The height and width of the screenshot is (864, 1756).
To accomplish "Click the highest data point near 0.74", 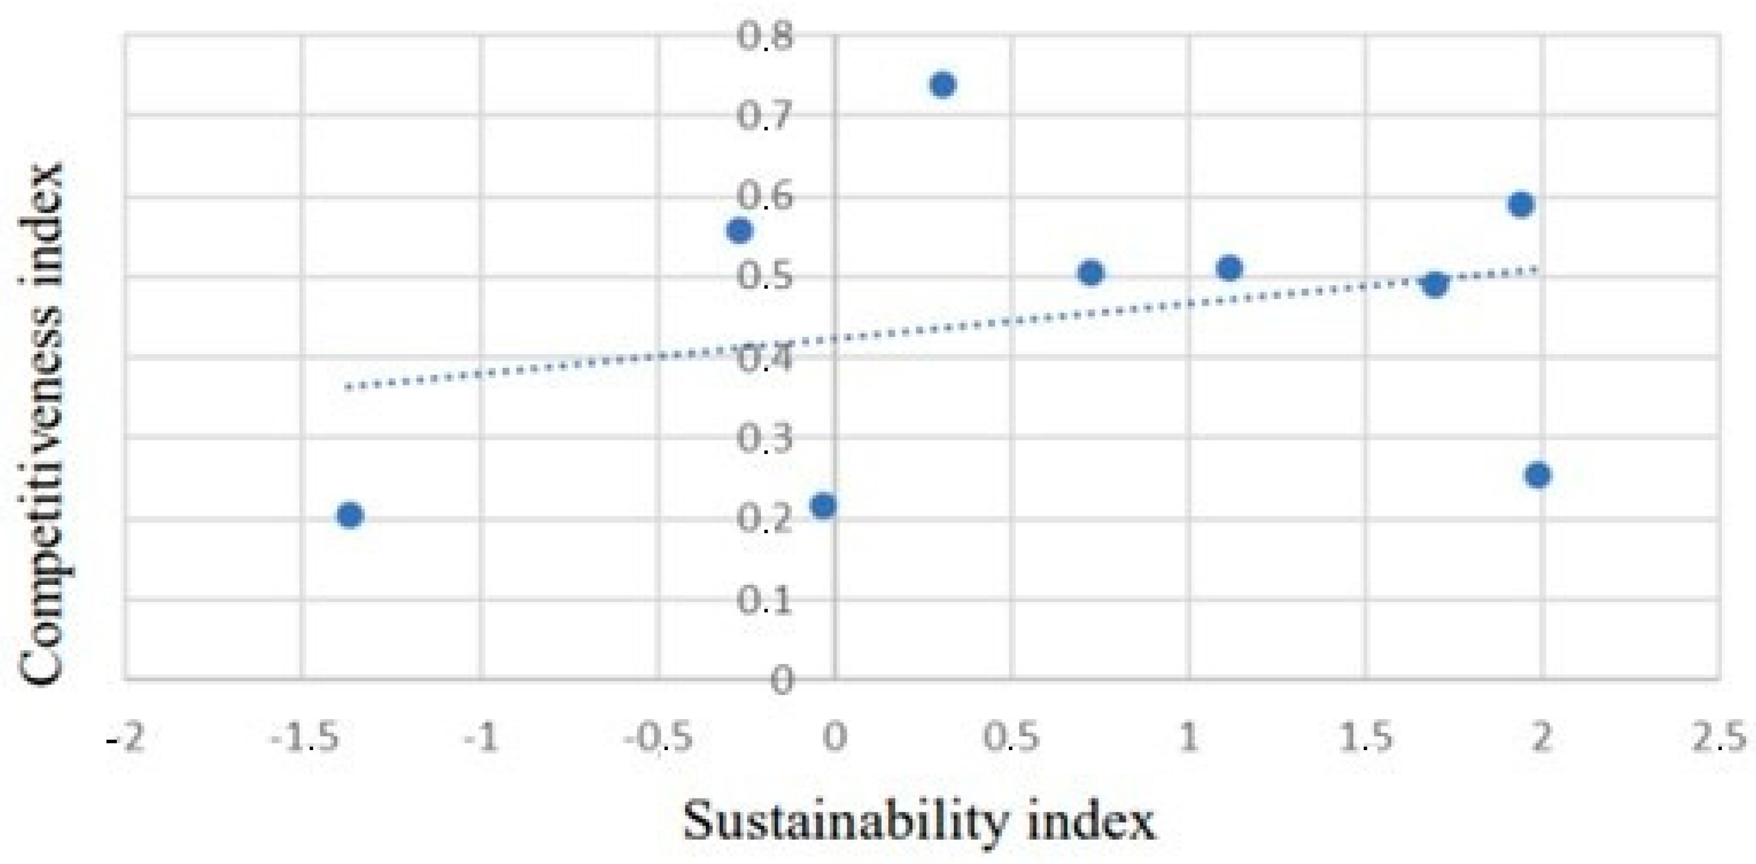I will [943, 84].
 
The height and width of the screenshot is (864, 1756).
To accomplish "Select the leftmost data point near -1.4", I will [350, 515].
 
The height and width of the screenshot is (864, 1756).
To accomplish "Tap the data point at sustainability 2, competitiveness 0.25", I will [1538, 475].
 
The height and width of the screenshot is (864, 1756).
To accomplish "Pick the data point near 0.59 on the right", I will [1521, 204].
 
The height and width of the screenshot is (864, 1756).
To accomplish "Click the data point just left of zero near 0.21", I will [824, 506].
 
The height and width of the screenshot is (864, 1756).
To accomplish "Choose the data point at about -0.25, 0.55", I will [739, 231].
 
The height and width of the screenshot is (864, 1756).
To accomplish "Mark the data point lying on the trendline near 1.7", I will [1436, 284].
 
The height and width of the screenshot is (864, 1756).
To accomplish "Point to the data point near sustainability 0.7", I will [1092, 273].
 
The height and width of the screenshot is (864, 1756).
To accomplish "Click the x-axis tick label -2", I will [127, 738].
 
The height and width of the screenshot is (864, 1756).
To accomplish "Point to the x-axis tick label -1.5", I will [305, 738].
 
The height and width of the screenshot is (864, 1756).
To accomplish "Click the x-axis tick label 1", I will [1189, 738].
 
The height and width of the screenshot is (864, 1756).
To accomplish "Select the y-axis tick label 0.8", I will [765, 35].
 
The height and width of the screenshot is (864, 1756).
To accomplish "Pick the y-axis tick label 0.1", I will [765, 600].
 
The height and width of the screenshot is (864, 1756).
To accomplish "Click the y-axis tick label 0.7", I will [765, 116].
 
